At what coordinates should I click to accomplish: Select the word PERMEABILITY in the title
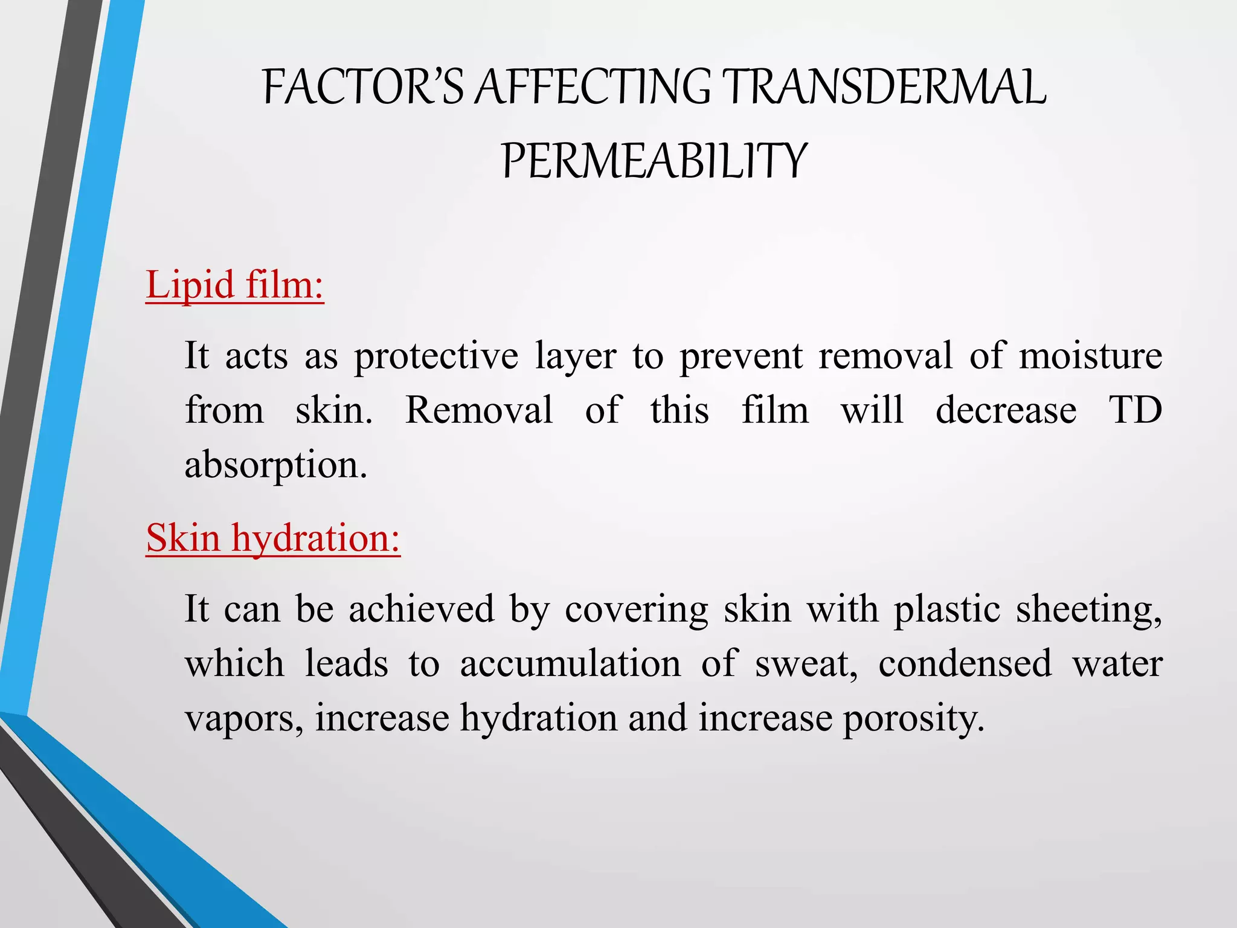(x=654, y=161)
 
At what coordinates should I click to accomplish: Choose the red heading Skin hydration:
(x=273, y=537)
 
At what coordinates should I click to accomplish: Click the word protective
(x=436, y=356)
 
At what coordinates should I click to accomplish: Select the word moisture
(x=1090, y=355)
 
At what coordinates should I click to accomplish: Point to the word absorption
(x=275, y=466)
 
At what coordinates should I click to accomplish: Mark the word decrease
(x=1006, y=410)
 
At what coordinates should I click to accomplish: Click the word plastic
(x=947, y=608)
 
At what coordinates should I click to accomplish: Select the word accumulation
(x=570, y=663)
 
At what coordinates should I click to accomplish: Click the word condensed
(x=965, y=663)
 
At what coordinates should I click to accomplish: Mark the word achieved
(x=422, y=608)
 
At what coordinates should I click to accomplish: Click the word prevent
(x=741, y=356)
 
